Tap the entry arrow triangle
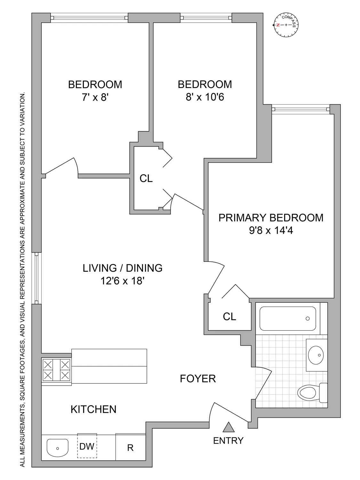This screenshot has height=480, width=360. pyautogui.click(x=228, y=427)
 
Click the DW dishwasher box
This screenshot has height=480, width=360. pyautogui.click(x=87, y=446)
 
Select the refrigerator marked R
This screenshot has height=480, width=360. pyautogui.click(x=131, y=447)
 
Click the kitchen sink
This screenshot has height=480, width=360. pyautogui.click(x=58, y=447)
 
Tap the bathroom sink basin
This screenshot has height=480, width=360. pyautogui.click(x=316, y=355)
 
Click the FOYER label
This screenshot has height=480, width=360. pyautogui.click(x=198, y=379)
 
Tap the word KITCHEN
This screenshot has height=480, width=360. pyautogui.click(x=93, y=409)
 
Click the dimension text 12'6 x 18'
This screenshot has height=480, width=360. pyautogui.click(x=123, y=281)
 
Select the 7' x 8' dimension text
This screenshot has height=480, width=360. pyautogui.click(x=95, y=97)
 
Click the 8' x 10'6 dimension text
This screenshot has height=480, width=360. pyautogui.click(x=205, y=97)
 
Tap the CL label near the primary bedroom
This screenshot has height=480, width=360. pyautogui.click(x=229, y=316)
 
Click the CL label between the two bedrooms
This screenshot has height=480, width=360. pyautogui.click(x=146, y=178)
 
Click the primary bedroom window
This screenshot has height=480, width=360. pyautogui.click(x=300, y=109)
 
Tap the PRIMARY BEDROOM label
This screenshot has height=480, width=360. pyautogui.click(x=271, y=218)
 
